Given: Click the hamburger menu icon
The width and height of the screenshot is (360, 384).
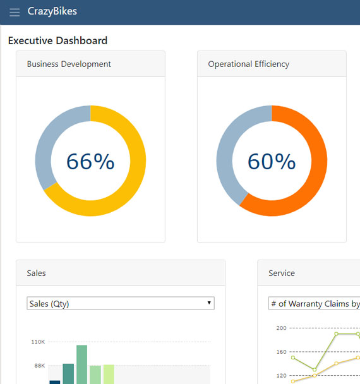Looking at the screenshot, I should [x=15, y=12].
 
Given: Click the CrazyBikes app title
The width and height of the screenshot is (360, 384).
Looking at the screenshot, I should [x=52, y=11].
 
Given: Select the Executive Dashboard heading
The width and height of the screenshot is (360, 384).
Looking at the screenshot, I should [x=57, y=40].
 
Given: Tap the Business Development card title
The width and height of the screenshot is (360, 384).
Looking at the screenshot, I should [x=69, y=64].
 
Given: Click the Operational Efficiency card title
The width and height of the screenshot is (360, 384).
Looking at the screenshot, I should [x=248, y=64].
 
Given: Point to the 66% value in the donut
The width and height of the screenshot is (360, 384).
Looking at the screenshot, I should [x=90, y=162].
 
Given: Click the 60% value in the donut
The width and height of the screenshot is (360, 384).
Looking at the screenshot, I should [x=272, y=162].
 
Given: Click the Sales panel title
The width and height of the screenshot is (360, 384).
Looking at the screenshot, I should [x=36, y=273].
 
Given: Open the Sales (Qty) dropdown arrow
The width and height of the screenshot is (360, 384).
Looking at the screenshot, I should [x=209, y=304].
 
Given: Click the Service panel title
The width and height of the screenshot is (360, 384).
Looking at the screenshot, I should [x=282, y=273].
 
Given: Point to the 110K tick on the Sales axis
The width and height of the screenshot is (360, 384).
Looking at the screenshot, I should [x=38, y=342].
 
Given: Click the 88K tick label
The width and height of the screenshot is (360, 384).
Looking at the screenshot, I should [x=39, y=365].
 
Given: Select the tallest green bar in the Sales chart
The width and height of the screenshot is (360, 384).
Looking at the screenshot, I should [x=81, y=364].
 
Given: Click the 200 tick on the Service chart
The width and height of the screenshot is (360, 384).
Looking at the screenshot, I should [x=281, y=328].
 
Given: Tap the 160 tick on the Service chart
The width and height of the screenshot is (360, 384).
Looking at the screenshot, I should [x=281, y=351].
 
